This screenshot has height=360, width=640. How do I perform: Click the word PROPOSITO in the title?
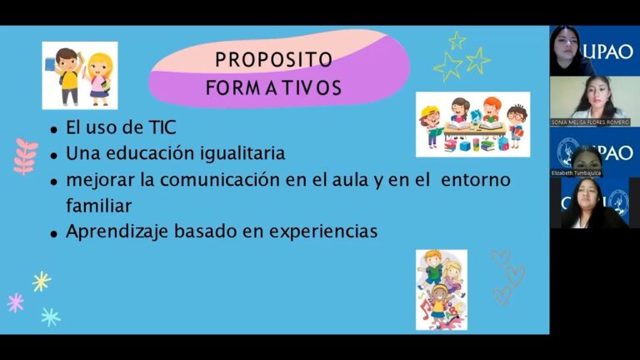pos(273,60)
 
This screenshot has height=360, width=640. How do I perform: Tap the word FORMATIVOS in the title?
pos(273,87)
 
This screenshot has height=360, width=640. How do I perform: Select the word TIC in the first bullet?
pos(160,129)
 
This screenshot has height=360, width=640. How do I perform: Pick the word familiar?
pos(99,204)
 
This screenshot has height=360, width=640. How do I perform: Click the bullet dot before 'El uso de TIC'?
pos(54,131)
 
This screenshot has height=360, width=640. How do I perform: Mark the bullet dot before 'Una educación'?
pos(54,156)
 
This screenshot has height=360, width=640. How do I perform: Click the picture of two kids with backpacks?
pos(80,75)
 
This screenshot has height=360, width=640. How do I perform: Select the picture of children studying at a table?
pos(472,124)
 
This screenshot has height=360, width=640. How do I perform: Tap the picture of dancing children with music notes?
pos(442,289)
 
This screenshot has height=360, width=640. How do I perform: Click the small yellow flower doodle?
pos(41,281)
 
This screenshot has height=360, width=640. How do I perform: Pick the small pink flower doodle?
pos(15,302)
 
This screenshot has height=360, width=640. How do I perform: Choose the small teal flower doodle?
pos(51,316)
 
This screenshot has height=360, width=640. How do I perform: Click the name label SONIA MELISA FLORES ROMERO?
pos(590,122)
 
